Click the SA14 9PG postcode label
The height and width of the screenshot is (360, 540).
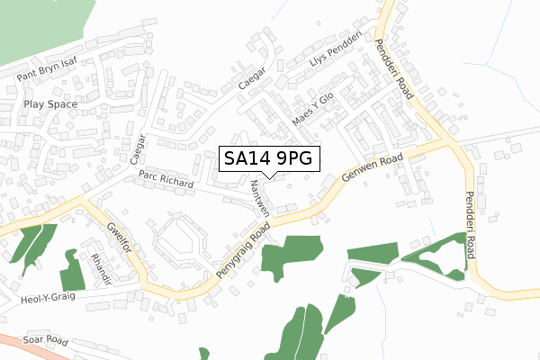pos(267,159)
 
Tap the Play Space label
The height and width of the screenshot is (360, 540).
pos(50,104)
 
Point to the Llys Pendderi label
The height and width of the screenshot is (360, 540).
pos(333,49)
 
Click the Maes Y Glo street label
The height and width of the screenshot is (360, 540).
pos(312,107)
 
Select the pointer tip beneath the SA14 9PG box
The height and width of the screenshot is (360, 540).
pos(267,177)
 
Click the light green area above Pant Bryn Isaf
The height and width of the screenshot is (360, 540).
pos(36,27)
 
